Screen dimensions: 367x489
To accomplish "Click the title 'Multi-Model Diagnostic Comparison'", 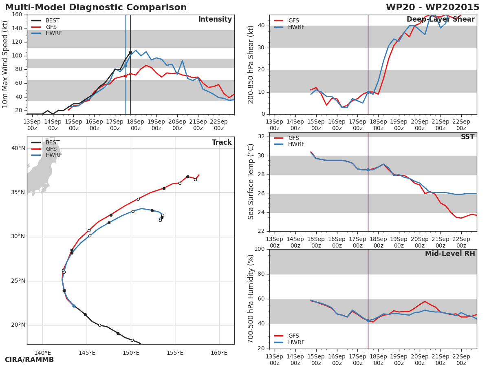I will [96, 7].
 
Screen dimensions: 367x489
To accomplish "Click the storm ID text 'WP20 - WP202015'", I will [432, 7].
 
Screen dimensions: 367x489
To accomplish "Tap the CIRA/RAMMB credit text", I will [29, 360].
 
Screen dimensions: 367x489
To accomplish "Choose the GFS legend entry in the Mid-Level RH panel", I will [293, 336].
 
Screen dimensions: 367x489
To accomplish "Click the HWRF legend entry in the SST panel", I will [296, 144].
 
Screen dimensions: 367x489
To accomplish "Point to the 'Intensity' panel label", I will [215, 20].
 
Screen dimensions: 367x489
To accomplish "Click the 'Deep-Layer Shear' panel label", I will [441, 20].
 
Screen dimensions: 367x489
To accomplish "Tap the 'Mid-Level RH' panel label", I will [450, 254].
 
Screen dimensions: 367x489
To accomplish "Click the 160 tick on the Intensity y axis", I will [17, 15].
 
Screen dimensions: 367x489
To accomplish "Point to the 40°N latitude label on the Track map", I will [18, 148].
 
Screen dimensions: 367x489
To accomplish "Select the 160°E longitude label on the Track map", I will [219, 353].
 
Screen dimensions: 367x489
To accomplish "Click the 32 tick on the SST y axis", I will [262, 137].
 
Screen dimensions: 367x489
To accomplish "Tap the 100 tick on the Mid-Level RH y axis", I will [259, 249].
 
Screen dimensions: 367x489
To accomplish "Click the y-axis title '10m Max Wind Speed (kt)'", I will [6, 64].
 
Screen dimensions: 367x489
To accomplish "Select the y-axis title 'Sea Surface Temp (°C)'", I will [251, 182].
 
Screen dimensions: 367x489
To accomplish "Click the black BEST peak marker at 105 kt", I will [130, 53].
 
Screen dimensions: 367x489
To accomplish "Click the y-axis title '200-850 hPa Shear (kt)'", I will [251, 64].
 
